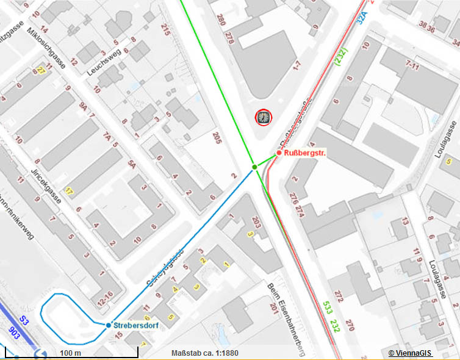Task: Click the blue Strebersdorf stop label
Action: point(136,325)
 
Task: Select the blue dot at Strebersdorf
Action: point(108,325)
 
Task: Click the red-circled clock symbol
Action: point(263,117)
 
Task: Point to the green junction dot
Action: point(254,167)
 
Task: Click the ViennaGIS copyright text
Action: point(410,353)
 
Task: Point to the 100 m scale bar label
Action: point(70,353)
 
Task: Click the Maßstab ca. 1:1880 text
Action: point(204,353)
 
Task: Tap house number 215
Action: point(165,29)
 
